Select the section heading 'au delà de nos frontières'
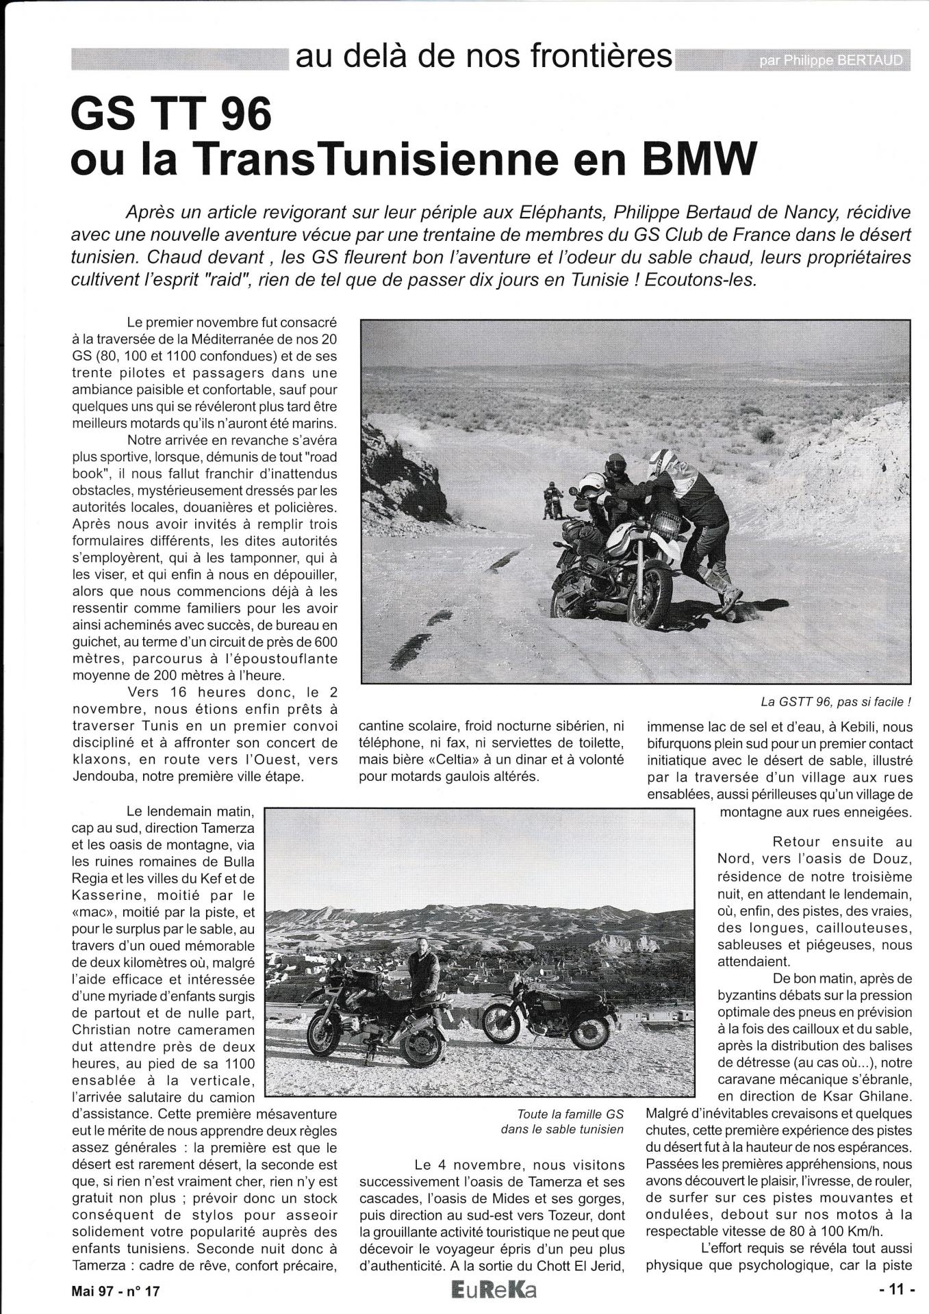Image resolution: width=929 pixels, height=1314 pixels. pyautogui.click(x=483, y=56)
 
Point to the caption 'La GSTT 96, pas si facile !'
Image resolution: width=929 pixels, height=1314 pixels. pyautogui.click(x=835, y=702)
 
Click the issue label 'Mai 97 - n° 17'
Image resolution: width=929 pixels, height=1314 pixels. pyautogui.click(x=116, y=1291)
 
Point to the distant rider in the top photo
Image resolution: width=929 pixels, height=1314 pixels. pyautogui.click(x=550, y=500)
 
